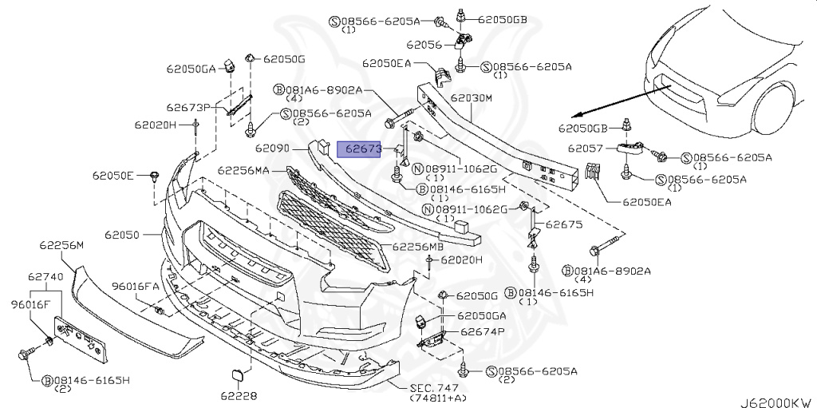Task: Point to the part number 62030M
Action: point(472,98)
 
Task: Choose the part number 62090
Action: point(272,149)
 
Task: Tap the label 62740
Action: point(45,276)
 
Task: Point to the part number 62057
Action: point(584,149)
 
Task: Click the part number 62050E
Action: point(112,174)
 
